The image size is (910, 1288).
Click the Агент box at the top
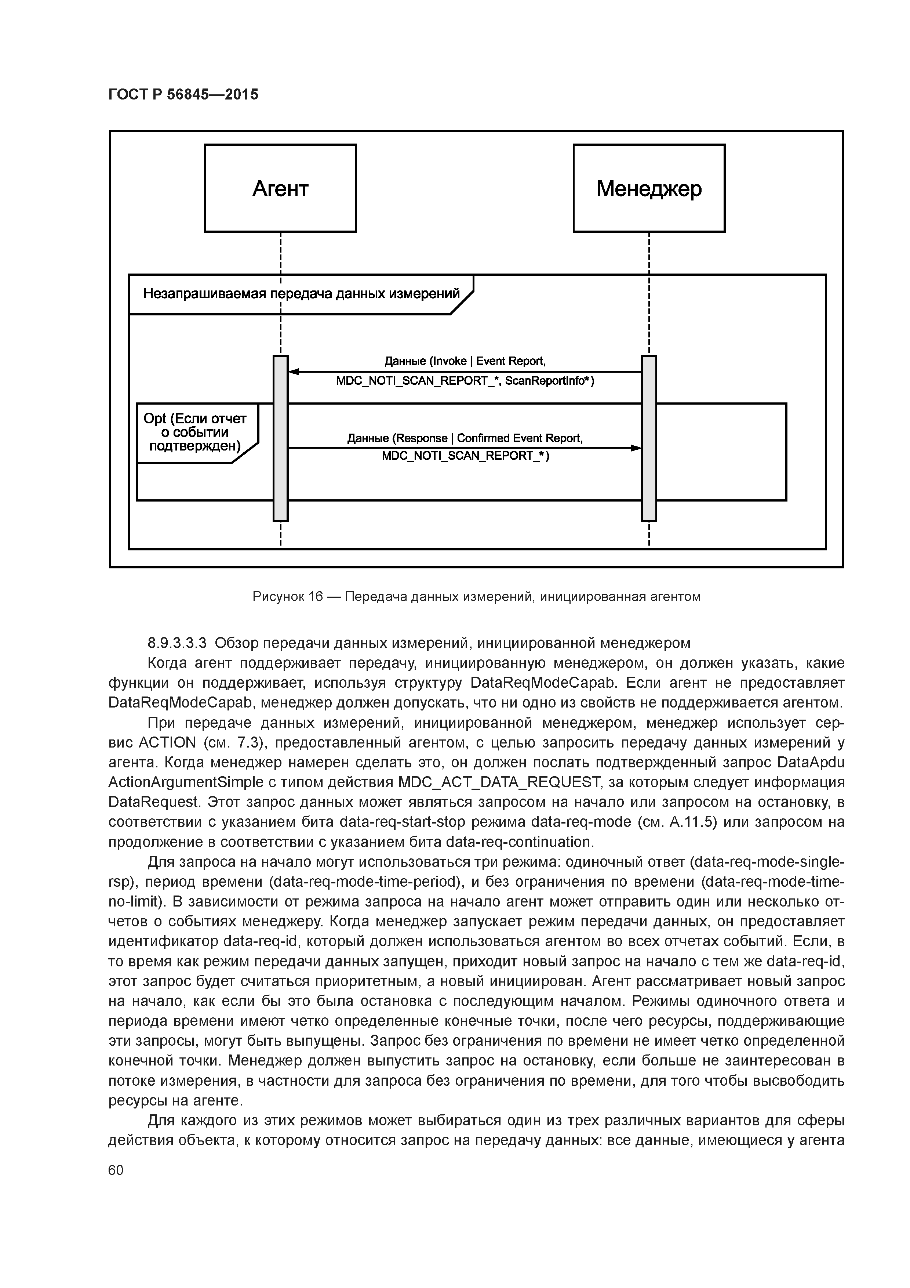280,188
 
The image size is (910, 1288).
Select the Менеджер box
649,188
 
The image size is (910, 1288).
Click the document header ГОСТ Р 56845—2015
183,94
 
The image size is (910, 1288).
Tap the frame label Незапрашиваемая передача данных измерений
301,294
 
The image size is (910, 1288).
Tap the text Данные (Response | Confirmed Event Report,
465,438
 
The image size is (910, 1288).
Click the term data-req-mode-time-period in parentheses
364,882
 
